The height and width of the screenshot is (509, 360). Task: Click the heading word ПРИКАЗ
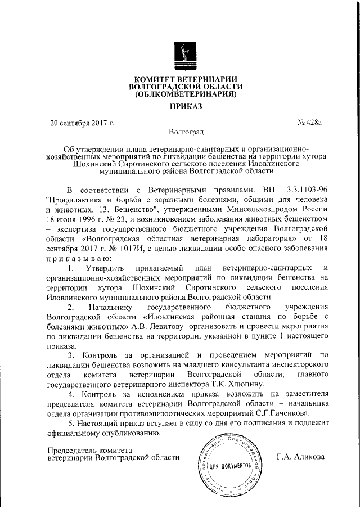pyautogui.click(x=186, y=106)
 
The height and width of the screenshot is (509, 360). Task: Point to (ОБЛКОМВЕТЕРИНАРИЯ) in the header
pyautogui.click(x=186, y=94)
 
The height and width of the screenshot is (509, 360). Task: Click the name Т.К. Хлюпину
pyautogui.click(x=179, y=385)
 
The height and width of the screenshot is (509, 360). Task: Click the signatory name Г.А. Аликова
pyautogui.click(x=301, y=457)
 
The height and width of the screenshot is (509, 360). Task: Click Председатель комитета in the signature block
pyautogui.click(x=90, y=451)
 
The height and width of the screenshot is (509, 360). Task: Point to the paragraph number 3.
pyautogui.click(x=70, y=355)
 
